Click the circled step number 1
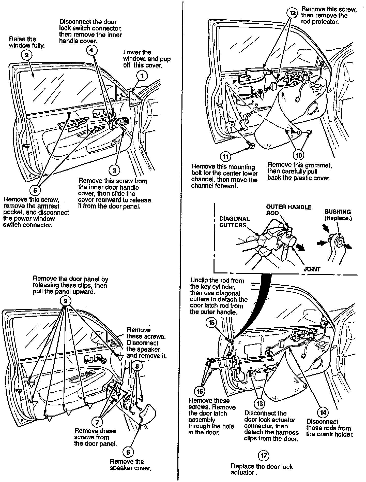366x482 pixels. coord(142,75)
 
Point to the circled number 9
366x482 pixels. coord(66,301)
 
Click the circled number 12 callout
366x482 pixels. coord(293,13)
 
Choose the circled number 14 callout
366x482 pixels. coord(323,412)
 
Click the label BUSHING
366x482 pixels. coord(338,212)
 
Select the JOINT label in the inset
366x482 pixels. coord(312,269)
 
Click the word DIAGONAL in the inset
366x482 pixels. coord(234,219)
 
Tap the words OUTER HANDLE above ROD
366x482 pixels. coord(289,207)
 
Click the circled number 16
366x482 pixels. coord(200,391)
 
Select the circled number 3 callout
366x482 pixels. coord(114,171)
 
